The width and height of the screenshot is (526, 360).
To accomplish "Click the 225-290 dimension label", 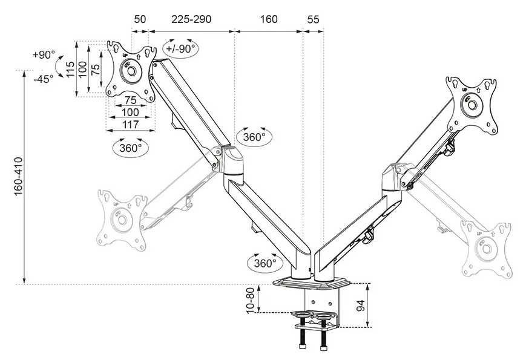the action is (x=191, y=19).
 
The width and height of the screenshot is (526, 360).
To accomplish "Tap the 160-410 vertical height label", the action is (x=18, y=176).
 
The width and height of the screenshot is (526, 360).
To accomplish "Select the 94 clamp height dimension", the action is (x=361, y=306).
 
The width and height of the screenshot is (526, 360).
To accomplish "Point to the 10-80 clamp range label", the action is (x=251, y=300).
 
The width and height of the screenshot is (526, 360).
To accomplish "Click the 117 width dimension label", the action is (x=131, y=125).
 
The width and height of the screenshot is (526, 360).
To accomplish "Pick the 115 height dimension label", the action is (x=70, y=70).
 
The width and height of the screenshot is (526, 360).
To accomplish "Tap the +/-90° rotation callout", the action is (x=180, y=48).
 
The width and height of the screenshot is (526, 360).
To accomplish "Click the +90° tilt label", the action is (x=44, y=54).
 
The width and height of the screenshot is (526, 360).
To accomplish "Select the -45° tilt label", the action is (x=44, y=79).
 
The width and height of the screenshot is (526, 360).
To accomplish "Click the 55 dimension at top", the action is (x=313, y=19).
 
